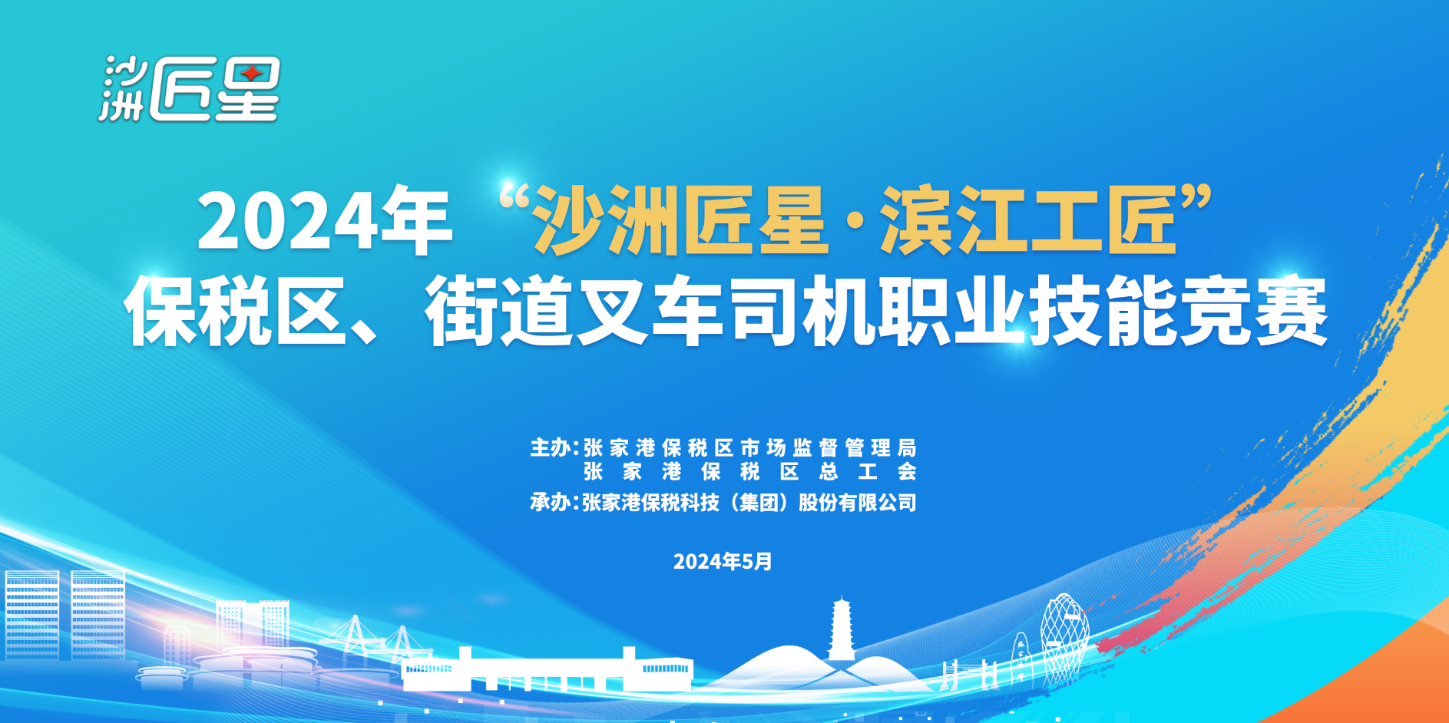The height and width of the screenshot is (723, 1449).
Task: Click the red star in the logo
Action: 251,74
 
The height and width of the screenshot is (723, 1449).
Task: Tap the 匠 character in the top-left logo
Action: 180,90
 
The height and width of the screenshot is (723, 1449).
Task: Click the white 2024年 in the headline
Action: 324,221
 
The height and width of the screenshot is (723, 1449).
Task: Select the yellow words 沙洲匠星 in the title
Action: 680,220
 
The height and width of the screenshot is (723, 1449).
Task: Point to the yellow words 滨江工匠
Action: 1029,220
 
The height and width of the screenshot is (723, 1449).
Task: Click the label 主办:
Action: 554,447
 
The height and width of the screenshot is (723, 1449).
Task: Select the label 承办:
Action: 554,503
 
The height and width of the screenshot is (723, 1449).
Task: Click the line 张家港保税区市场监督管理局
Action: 750,447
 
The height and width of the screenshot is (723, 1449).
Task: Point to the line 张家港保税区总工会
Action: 750,471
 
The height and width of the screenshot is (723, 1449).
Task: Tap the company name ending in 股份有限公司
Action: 749,503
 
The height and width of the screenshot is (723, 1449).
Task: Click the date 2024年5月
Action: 723,562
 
